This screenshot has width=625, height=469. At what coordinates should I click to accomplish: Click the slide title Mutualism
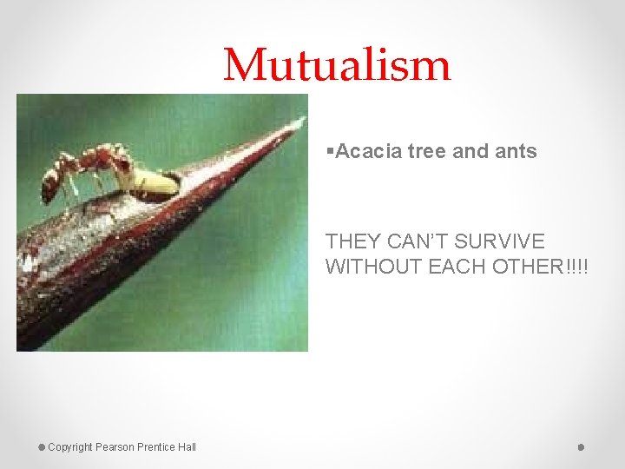(x=337, y=65)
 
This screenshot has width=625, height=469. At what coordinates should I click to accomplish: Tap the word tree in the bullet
(x=425, y=151)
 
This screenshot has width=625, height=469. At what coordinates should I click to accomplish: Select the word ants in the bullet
(x=516, y=151)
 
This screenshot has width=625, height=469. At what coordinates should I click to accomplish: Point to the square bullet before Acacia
(x=330, y=151)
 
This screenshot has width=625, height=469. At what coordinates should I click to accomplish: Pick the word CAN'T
(x=417, y=241)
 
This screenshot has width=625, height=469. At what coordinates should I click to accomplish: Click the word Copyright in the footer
(x=70, y=447)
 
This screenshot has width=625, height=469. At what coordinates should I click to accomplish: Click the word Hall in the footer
(x=187, y=447)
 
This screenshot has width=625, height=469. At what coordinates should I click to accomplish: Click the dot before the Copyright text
(x=41, y=447)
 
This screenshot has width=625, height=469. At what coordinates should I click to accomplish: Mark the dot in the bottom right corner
(x=581, y=447)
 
